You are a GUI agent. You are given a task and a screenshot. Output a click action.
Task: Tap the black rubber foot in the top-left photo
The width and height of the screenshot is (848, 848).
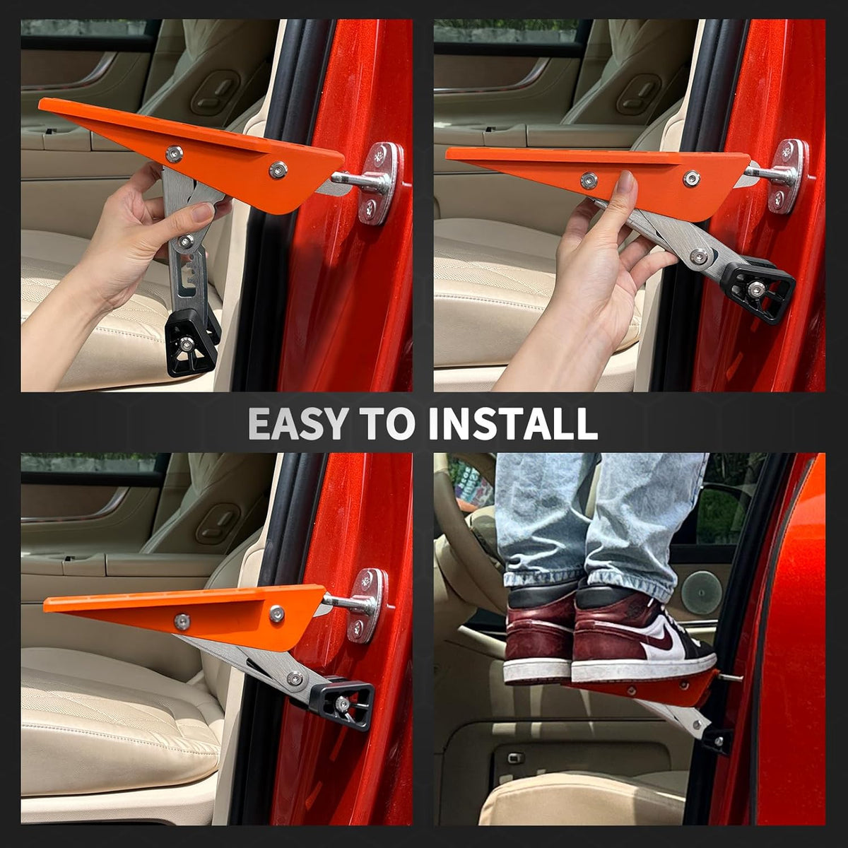192,341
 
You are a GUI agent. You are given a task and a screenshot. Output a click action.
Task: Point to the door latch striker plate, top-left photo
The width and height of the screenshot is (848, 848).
379,183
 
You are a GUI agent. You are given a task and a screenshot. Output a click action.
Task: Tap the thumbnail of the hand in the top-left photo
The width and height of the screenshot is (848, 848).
202,213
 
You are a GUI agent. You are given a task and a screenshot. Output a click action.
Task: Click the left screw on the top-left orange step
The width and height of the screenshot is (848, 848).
175,153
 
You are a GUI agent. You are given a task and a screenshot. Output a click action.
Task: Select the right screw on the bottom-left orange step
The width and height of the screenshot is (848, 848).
276,613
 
